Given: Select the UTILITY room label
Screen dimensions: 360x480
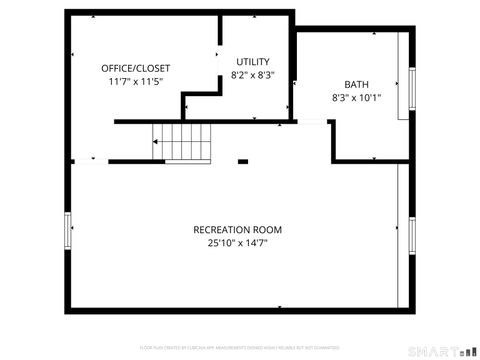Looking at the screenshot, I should [252, 61].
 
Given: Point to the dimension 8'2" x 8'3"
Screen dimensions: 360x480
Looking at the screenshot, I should [252, 75].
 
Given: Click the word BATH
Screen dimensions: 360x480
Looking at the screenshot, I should [356, 85].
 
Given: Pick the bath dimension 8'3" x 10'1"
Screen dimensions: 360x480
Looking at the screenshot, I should [357, 99].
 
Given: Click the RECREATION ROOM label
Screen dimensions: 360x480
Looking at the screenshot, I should [238, 229].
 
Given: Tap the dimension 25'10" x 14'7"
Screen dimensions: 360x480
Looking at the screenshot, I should [238, 243].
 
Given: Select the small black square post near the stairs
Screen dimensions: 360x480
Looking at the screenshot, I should [243, 159].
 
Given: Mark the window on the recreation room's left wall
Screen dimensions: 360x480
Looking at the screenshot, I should [68, 231].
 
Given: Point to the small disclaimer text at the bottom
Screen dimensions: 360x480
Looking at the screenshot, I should [239, 347].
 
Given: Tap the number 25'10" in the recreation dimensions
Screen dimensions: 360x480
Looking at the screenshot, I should [220, 243].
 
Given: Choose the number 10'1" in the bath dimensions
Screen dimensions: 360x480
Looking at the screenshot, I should [370, 99].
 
